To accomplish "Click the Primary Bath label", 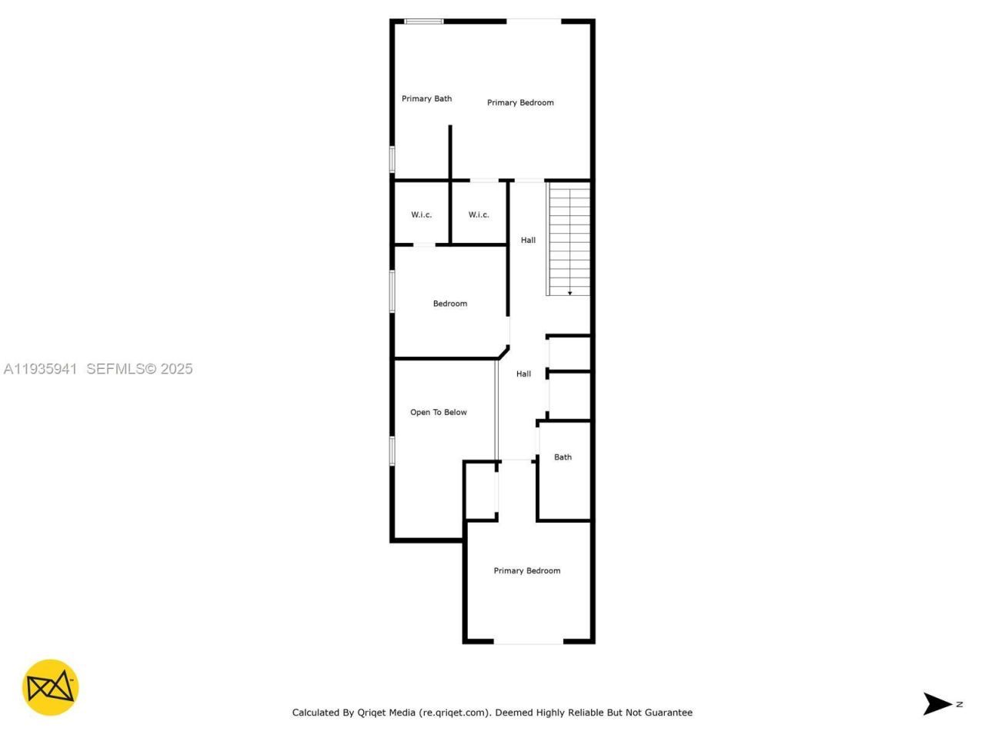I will pos(426,98).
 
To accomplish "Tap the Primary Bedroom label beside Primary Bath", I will pos(520,102).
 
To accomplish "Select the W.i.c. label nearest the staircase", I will pos(479,214).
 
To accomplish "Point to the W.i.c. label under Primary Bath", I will pos(421,214).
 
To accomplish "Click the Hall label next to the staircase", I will pos(528,240).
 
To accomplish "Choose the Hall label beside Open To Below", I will pos(523,374).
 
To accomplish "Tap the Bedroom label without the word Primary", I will pos(449,304).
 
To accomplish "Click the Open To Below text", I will pos(438,412).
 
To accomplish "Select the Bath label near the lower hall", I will pos(563,457).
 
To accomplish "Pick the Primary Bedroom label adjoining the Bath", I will pos(526,570).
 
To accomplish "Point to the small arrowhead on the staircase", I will pos(569,293).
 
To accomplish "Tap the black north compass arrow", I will pos(937,703).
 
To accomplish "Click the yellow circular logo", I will pos(50,687).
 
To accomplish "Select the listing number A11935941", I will pos(40,369).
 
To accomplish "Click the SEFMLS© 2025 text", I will pos(139,369).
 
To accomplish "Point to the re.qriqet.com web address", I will pos(454,713).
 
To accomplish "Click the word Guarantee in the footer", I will pos(666,713).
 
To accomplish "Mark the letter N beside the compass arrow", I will pos(959,703).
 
